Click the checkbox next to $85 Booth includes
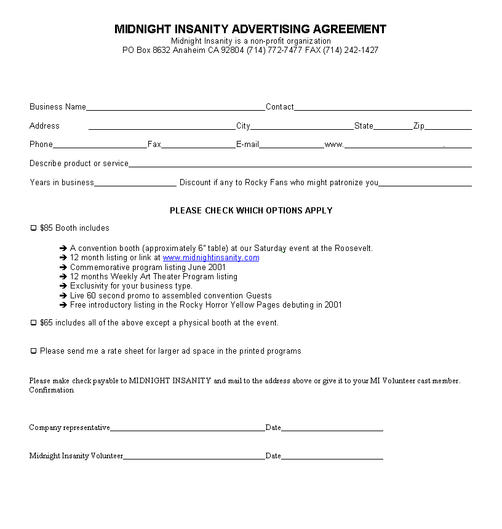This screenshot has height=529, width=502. click(34, 228)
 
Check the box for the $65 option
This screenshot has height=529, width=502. click(34, 323)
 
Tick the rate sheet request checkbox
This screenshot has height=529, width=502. click(34, 351)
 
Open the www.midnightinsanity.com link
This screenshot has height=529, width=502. click(211, 258)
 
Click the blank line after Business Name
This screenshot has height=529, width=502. click(175, 108)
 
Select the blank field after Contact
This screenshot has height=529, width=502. click(383, 108)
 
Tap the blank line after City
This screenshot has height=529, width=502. click(302, 127)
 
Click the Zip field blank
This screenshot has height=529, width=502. click(448, 127)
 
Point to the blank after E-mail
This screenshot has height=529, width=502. click(292, 145)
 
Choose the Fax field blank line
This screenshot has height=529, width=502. click(198, 145)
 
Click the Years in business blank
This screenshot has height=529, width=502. click(135, 183)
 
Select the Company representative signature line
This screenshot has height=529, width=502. click(188, 428)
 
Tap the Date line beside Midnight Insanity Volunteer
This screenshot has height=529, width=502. click(332, 456)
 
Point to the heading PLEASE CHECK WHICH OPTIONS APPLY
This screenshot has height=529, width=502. click(251, 210)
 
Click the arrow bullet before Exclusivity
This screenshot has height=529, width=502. click(63, 286)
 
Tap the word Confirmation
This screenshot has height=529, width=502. click(52, 390)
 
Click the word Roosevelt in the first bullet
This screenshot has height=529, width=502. click(353, 249)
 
